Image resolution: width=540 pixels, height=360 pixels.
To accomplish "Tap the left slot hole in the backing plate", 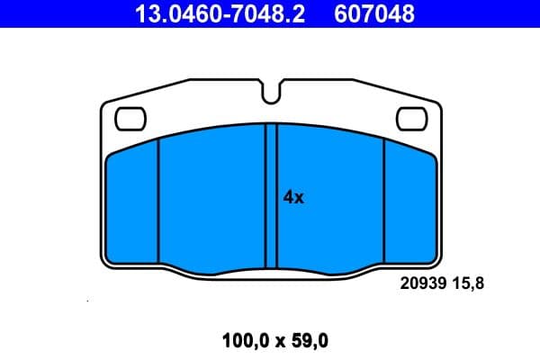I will (x=131, y=117).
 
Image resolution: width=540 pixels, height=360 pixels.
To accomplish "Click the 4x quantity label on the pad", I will (x=293, y=198).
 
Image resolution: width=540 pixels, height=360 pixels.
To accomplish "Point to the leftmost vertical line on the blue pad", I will (x=158, y=202).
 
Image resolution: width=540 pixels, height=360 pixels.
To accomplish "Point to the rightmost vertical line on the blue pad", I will (x=384, y=202).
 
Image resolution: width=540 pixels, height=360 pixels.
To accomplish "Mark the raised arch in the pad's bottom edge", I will (x=271, y=266).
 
